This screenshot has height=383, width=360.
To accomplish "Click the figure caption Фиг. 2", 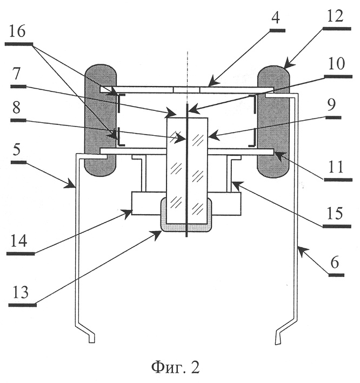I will tap(175, 368).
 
